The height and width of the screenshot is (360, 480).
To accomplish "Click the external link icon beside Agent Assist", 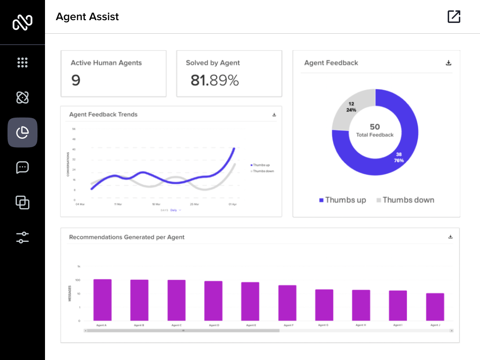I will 454,17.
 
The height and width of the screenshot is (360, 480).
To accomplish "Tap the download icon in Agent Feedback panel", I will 449,63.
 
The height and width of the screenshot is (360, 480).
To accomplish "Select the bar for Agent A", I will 102,300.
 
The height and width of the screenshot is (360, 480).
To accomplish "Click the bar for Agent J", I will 435,307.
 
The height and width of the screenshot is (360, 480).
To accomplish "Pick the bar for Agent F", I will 287,303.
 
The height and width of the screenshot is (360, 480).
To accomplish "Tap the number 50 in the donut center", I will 375,127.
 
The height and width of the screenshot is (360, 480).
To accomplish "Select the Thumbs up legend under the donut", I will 343,200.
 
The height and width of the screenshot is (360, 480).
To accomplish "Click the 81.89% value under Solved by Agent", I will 215,81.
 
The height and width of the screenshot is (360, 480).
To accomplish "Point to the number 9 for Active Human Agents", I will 76,81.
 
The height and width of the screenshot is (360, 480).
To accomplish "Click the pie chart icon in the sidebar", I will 22,133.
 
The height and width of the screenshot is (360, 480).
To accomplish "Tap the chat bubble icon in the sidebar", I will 22,167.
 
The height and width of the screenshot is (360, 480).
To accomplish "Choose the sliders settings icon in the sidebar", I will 22,238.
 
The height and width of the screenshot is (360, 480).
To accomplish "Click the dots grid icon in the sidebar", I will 22,62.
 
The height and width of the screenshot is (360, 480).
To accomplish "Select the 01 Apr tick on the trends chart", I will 232,204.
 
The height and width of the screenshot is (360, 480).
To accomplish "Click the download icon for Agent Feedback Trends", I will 274,115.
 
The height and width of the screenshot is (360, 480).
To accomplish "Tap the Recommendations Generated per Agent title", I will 127,237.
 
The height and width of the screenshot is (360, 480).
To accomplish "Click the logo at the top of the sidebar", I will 22,22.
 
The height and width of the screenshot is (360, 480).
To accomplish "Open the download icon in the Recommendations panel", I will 450,237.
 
